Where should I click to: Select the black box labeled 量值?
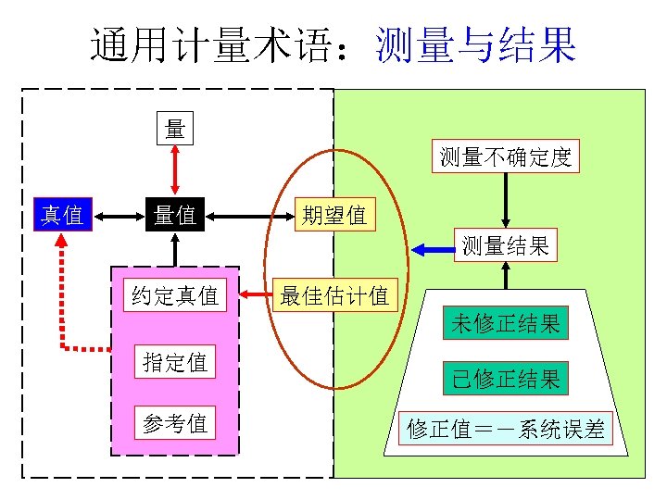(174, 215)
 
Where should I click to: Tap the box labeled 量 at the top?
(174, 129)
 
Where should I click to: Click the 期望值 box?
(333, 215)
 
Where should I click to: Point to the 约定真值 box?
(175, 295)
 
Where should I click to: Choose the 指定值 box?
(175, 361)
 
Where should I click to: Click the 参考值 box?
(175, 423)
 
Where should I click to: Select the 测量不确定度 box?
(505, 156)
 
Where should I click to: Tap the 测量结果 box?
(505, 244)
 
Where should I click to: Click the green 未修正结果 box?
(505, 323)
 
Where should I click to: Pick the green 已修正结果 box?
(505, 378)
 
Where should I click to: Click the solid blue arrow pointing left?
(430, 248)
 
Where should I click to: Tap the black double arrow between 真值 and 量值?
(118, 216)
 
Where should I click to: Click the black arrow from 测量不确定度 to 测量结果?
(505, 200)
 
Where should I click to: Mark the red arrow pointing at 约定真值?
(251, 296)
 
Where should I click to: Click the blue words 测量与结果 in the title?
(475, 44)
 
